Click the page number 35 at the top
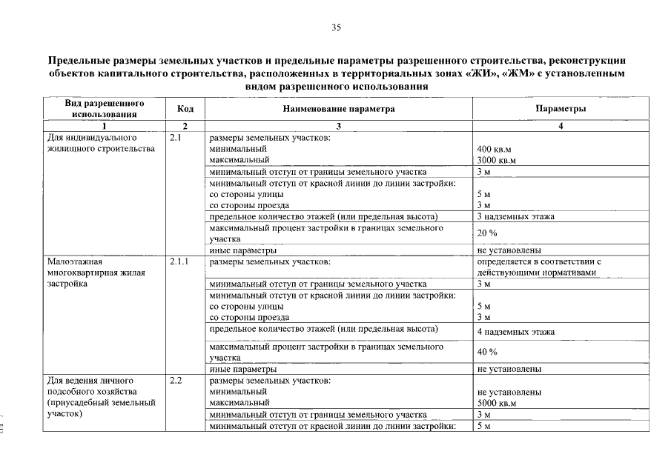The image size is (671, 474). coord(336,27)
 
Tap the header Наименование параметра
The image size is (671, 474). coord(338,109)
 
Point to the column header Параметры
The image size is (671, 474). coord(561,109)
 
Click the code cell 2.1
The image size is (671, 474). coord(175,138)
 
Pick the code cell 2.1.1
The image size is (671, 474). coord(179,261)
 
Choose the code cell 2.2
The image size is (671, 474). coord(176,381)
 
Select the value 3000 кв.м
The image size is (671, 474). coord(497,160)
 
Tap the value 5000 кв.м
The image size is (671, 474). coord(497,403)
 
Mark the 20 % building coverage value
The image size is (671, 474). coord(487,233)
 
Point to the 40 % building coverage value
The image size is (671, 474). coord(487,352)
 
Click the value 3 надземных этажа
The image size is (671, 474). coord(516,216)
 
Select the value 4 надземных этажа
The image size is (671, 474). coord(516,332)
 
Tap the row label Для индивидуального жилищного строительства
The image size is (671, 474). coord(101,143)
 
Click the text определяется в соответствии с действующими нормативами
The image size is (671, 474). coord(538,267)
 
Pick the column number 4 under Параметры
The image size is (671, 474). coord(561,126)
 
